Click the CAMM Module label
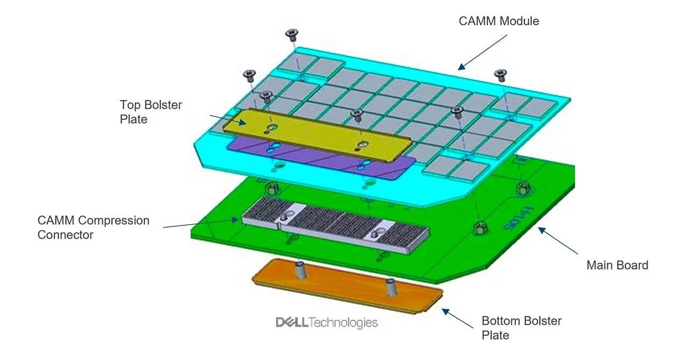pyautogui.click(x=498, y=21)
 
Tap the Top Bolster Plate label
pyautogui.click(x=151, y=112)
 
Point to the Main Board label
pyautogui.click(x=617, y=265)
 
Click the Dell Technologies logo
pyautogui.click(x=326, y=322)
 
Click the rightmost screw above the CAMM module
pyautogui.click(x=501, y=74)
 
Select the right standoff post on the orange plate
pyautogui.click(x=391, y=287)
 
